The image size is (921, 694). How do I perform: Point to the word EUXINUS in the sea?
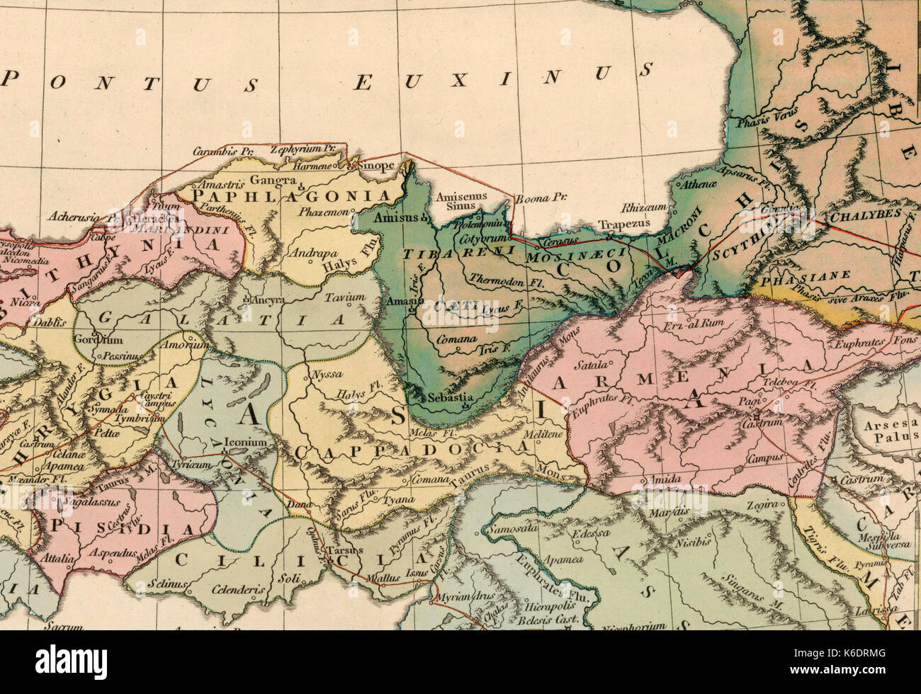click(x=502, y=77)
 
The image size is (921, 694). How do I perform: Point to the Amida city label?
click(x=664, y=479)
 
